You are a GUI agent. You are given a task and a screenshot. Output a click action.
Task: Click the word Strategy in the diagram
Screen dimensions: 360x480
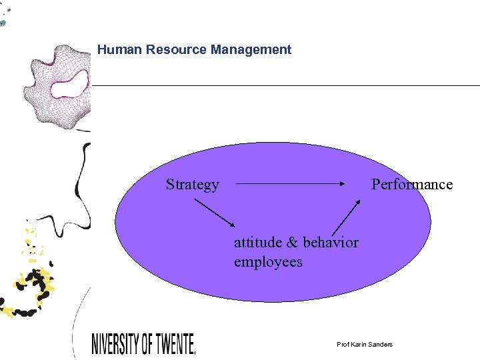click(192, 185)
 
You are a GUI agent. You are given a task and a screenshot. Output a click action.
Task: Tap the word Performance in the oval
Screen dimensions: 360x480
click(411, 185)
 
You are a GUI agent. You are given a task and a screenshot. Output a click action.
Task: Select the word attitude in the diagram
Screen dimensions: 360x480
click(257, 242)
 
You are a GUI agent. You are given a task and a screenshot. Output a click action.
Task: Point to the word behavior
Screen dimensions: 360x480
click(331, 242)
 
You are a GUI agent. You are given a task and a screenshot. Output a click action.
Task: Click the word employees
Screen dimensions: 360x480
click(268, 262)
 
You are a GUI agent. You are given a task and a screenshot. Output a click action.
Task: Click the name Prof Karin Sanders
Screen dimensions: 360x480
click(365, 344)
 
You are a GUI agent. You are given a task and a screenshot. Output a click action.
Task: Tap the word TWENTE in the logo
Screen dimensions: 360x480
click(173, 343)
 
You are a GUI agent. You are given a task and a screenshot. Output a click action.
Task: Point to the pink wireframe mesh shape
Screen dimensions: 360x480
click(40, 107)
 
